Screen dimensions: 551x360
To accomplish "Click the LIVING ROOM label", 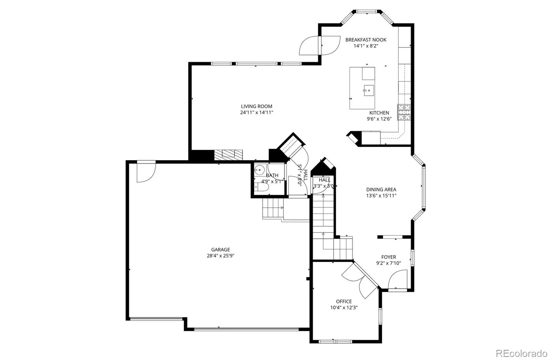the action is pos(257,106).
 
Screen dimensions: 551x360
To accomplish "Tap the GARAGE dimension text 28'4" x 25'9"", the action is pos(220,256).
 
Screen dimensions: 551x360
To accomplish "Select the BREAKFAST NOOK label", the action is pos(366,40).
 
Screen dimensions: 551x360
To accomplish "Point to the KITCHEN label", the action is pos(379,113).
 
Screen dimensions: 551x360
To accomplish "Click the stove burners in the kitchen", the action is pos(404,112).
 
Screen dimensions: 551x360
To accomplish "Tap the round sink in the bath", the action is pos(259,170).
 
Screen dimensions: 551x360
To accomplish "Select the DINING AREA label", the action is pos(381,189).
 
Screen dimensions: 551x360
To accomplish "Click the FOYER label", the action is pos(389,257).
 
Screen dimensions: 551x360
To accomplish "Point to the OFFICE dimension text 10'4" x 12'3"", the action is pos(344,307).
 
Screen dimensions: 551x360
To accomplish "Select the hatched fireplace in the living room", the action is pos(228,155).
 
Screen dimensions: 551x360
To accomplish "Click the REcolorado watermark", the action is pos(521,353).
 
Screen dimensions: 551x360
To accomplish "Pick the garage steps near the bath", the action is pos(273,208).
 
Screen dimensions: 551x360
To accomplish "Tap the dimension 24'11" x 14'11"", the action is pos(257,113).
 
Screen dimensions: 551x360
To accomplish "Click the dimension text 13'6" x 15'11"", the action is pos(381,195).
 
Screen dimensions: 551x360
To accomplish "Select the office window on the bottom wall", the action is pos(335,341).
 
